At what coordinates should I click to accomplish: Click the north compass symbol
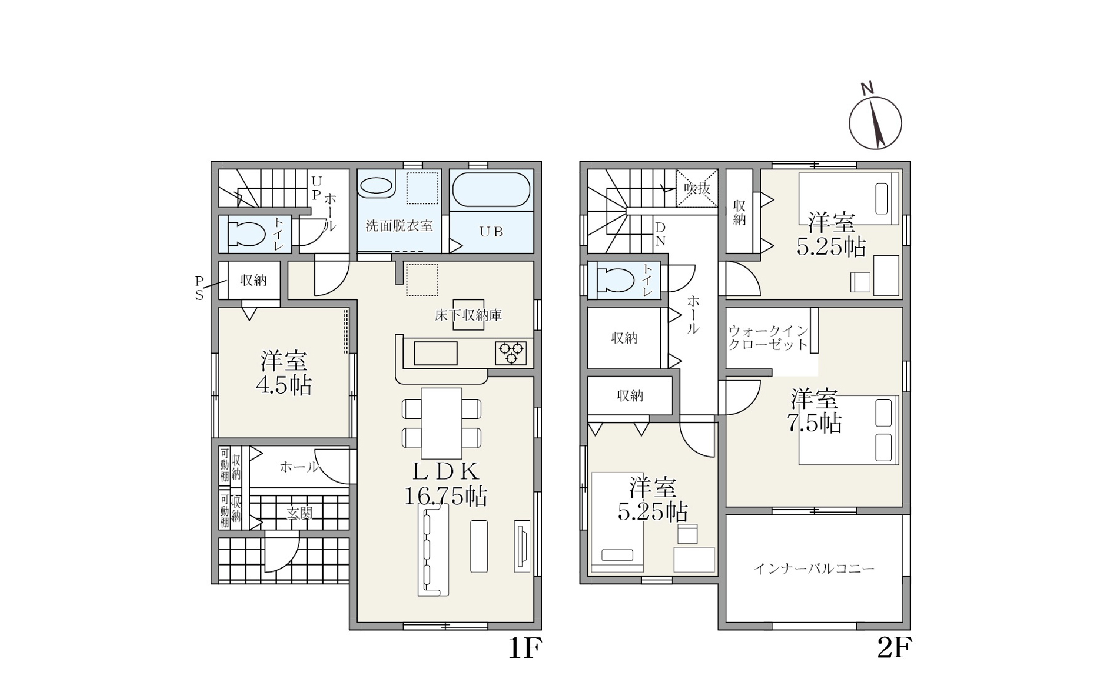(875, 122)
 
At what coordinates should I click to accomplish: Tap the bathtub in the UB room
(491, 190)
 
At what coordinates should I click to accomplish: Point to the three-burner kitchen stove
(511, 353)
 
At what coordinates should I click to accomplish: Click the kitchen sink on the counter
(436, 353)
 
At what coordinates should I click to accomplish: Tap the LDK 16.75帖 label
(446, 484)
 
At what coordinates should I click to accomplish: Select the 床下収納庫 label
(469, 315)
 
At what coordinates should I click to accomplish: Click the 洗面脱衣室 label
(399, 226)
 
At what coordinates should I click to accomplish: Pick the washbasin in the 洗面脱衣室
(376, 187)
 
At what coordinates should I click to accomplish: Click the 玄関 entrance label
(300, 513)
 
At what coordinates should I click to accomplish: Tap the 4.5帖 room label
(283, 372)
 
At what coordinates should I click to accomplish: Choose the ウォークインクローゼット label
(768, 338)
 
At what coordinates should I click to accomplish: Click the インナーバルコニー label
(814, 568)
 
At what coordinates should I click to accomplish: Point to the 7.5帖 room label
(814, 411)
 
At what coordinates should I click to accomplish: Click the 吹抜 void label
(697, 189)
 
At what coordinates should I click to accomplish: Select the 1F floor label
(526, 649)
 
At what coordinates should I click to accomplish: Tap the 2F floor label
(895, 649)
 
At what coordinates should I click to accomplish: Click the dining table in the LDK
(441, 422)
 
